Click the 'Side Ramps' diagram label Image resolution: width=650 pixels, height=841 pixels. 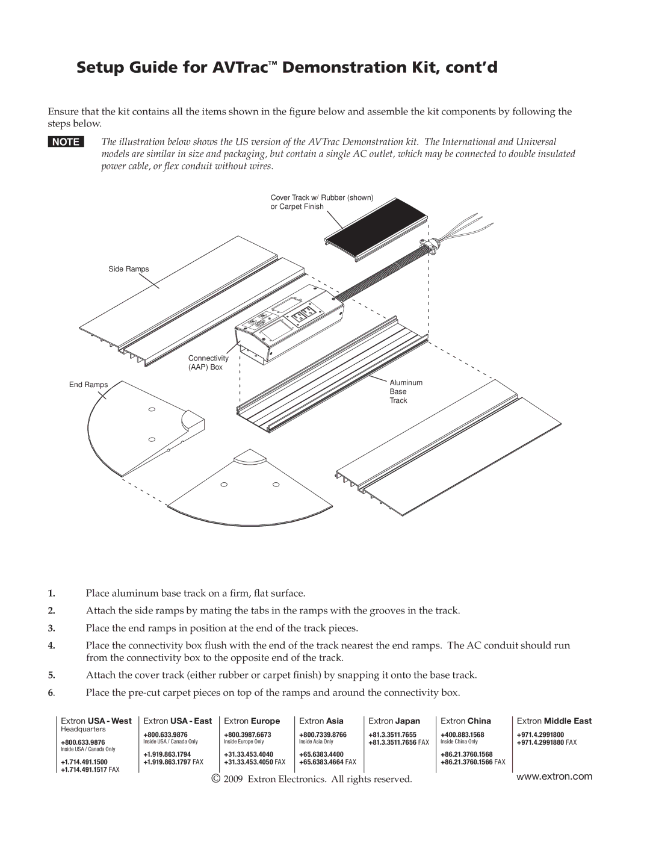[128, 269]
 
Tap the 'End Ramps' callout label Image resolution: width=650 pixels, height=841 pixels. [88, 385]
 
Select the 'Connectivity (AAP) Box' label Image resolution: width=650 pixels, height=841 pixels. [208, 362]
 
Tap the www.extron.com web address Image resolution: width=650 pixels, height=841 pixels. [554, 777]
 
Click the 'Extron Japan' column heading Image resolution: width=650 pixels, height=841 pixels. [394, 721]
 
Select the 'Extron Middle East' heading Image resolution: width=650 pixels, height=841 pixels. [554, 721]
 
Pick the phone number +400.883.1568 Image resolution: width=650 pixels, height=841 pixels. [462, 735]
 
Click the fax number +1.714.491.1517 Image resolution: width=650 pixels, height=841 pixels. [84, 770]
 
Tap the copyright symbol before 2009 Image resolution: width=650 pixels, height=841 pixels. [216, 779]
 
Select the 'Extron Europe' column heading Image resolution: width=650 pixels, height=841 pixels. [252, 721]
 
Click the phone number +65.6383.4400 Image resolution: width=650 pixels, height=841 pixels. [321, 754]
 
